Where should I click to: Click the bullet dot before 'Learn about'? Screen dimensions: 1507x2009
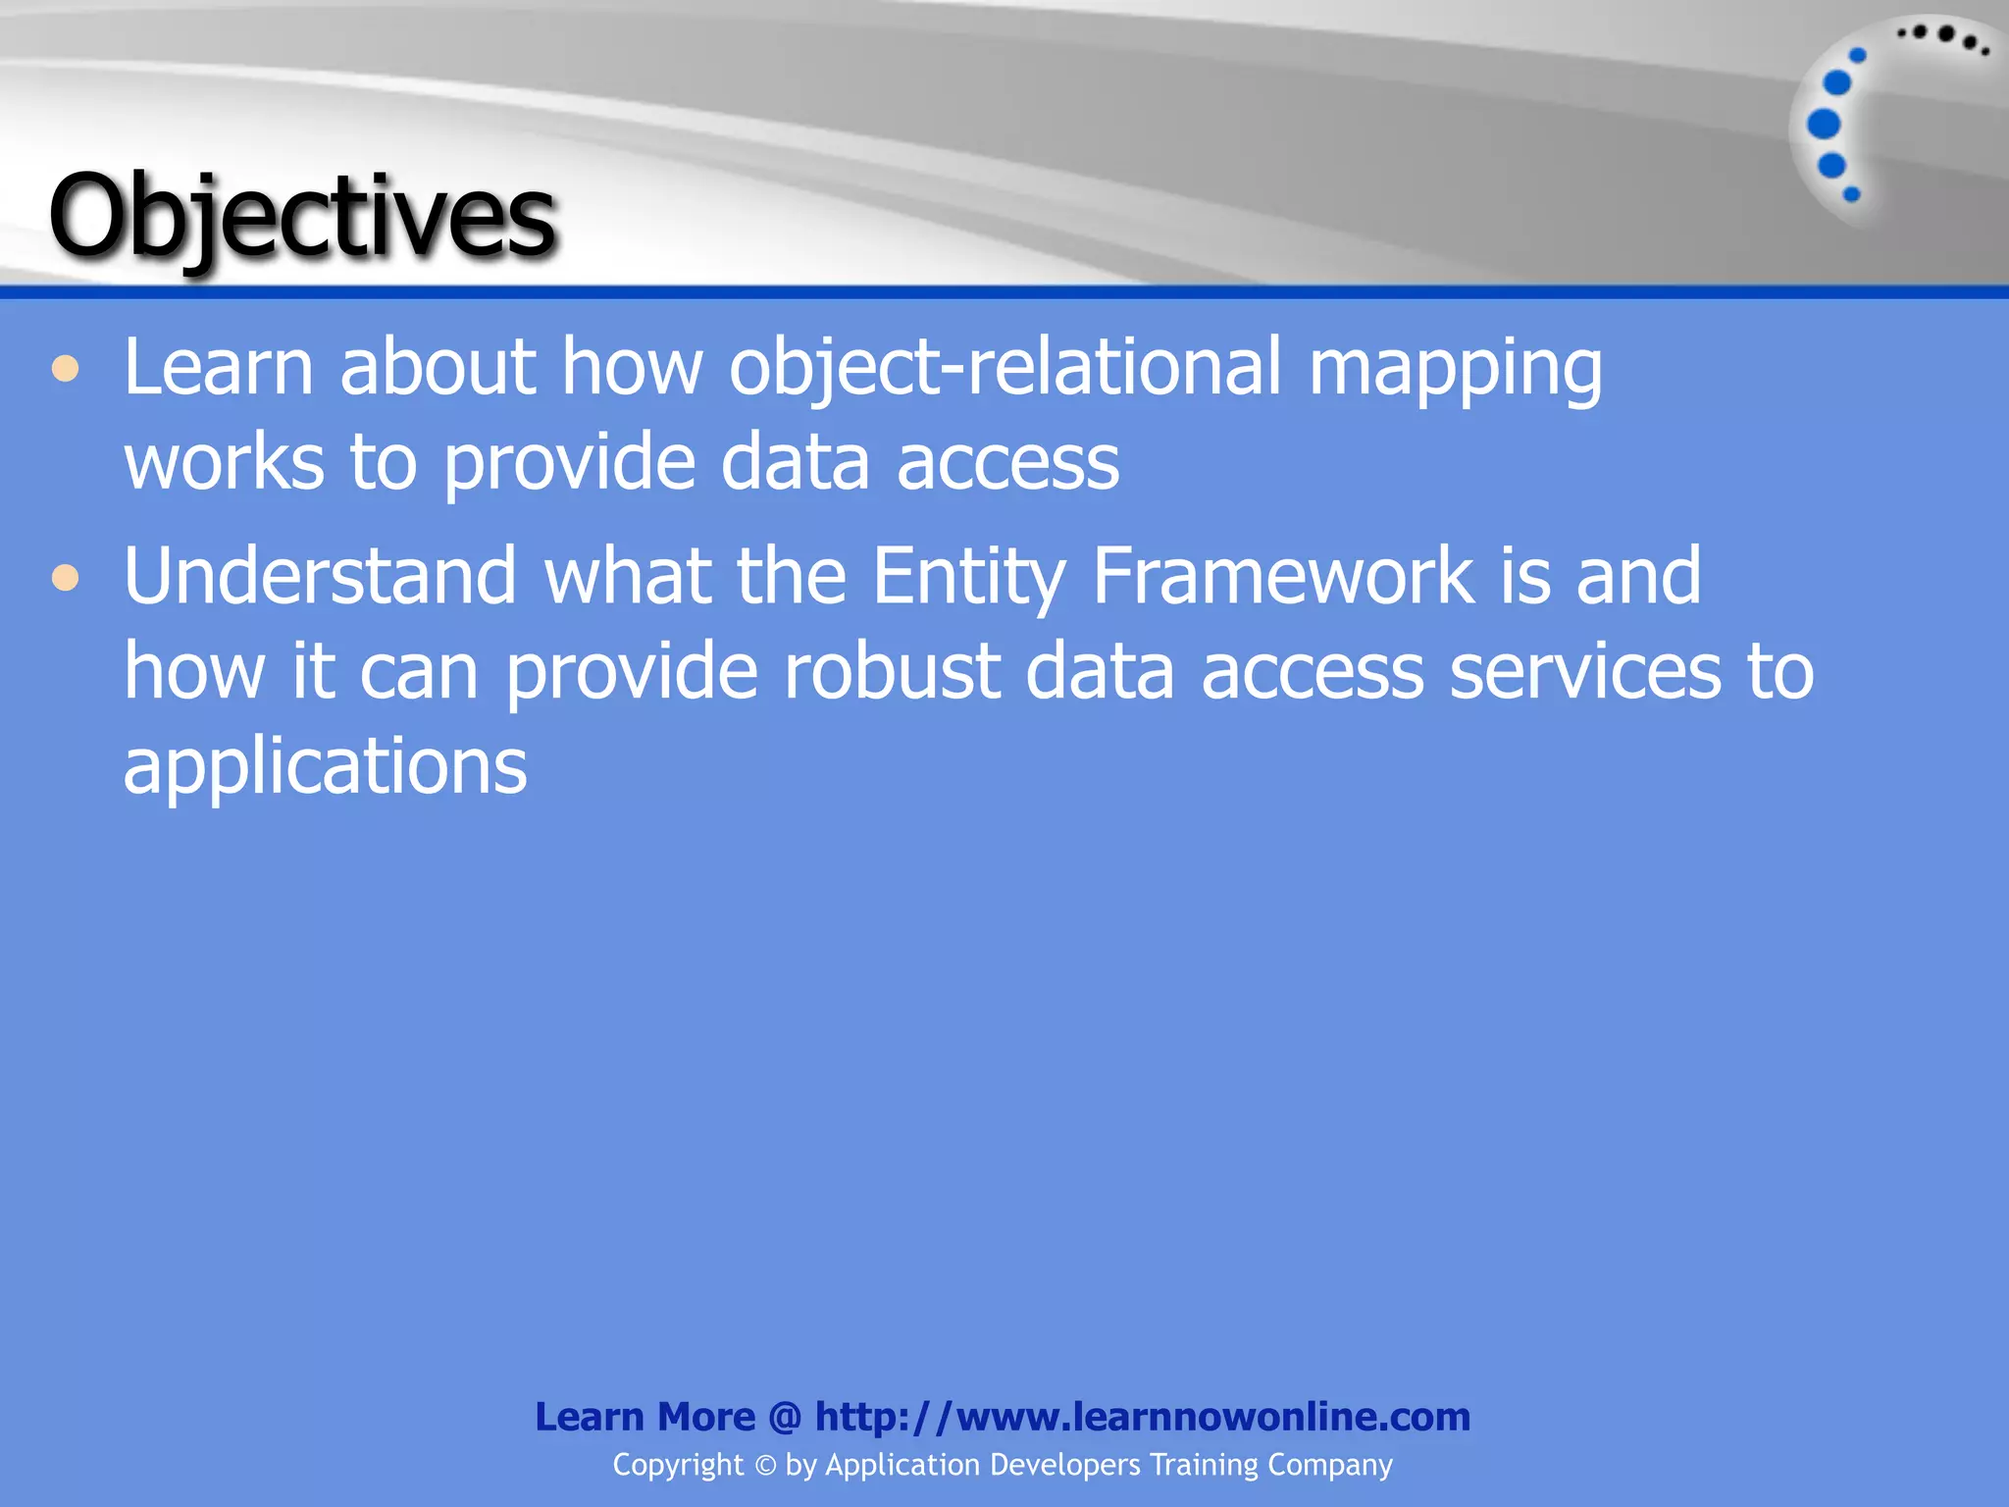pyautogui.click(x=66, y=370)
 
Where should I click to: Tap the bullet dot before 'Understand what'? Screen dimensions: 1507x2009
pyautogui.click(x=66, y=578)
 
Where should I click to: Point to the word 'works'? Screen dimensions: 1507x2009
pyautogui.click(x=224, y=462)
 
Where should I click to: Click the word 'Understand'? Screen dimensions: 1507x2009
pyautogui.click(x=320, y=576)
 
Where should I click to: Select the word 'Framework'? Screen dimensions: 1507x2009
pyautogui.click(x=1282, y=576)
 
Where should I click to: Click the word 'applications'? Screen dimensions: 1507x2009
pyautogui.click(x=325, y=767)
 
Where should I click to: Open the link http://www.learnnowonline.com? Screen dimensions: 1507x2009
pyautogui.click(x=1143, y=1417)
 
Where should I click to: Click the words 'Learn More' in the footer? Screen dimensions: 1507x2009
pyautogui.click(x=644, y=1417)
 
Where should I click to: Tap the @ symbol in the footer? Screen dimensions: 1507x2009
pyautogui.click(x=785, y=1418)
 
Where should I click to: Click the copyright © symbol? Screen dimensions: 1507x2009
pyautogui.click(x=765, y=1466)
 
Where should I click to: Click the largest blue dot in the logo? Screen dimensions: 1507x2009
pyautogui.click(x=1824, y=125)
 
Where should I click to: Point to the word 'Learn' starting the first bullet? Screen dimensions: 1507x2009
pyautogui.click(x=218, y=368)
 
